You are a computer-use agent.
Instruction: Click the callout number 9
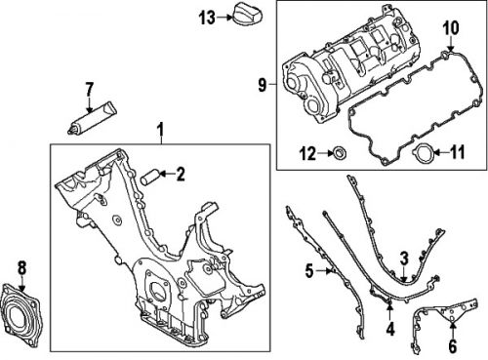tap(263, 87)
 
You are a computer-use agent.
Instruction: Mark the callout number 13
tap(206, 17)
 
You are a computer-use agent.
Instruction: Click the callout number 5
tap(309, 270)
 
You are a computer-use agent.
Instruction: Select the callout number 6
tap(452, 345)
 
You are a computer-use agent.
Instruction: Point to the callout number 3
tap(402, 258)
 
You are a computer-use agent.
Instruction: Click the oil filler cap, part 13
tap(243, 16)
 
